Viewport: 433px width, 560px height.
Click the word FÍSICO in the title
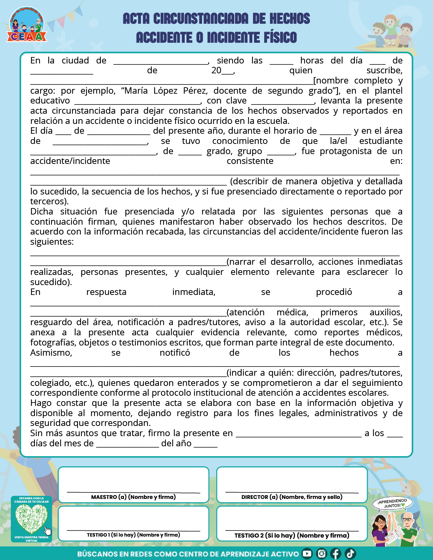(278, 37)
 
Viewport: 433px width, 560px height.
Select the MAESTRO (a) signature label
(133, 497)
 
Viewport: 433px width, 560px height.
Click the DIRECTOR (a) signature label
(292, 497)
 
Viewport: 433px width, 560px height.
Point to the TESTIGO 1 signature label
(133, 535)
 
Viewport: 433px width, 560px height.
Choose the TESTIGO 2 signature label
(292, 535)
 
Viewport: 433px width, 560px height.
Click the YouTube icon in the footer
(307, 554)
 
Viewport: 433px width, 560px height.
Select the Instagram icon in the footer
(321, 554)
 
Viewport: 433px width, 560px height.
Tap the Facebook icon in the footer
(336, 554)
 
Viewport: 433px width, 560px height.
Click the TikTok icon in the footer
(350, 554)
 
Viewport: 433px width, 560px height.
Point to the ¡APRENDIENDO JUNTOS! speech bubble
(393, 504)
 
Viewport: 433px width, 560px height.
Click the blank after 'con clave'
(283, 101)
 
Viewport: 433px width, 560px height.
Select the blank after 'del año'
(205, 444)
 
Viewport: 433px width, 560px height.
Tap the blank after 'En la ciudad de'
(161, 61)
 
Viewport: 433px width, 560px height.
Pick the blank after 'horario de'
(335, 131)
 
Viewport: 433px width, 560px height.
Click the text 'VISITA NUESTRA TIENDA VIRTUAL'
(32, 539)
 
